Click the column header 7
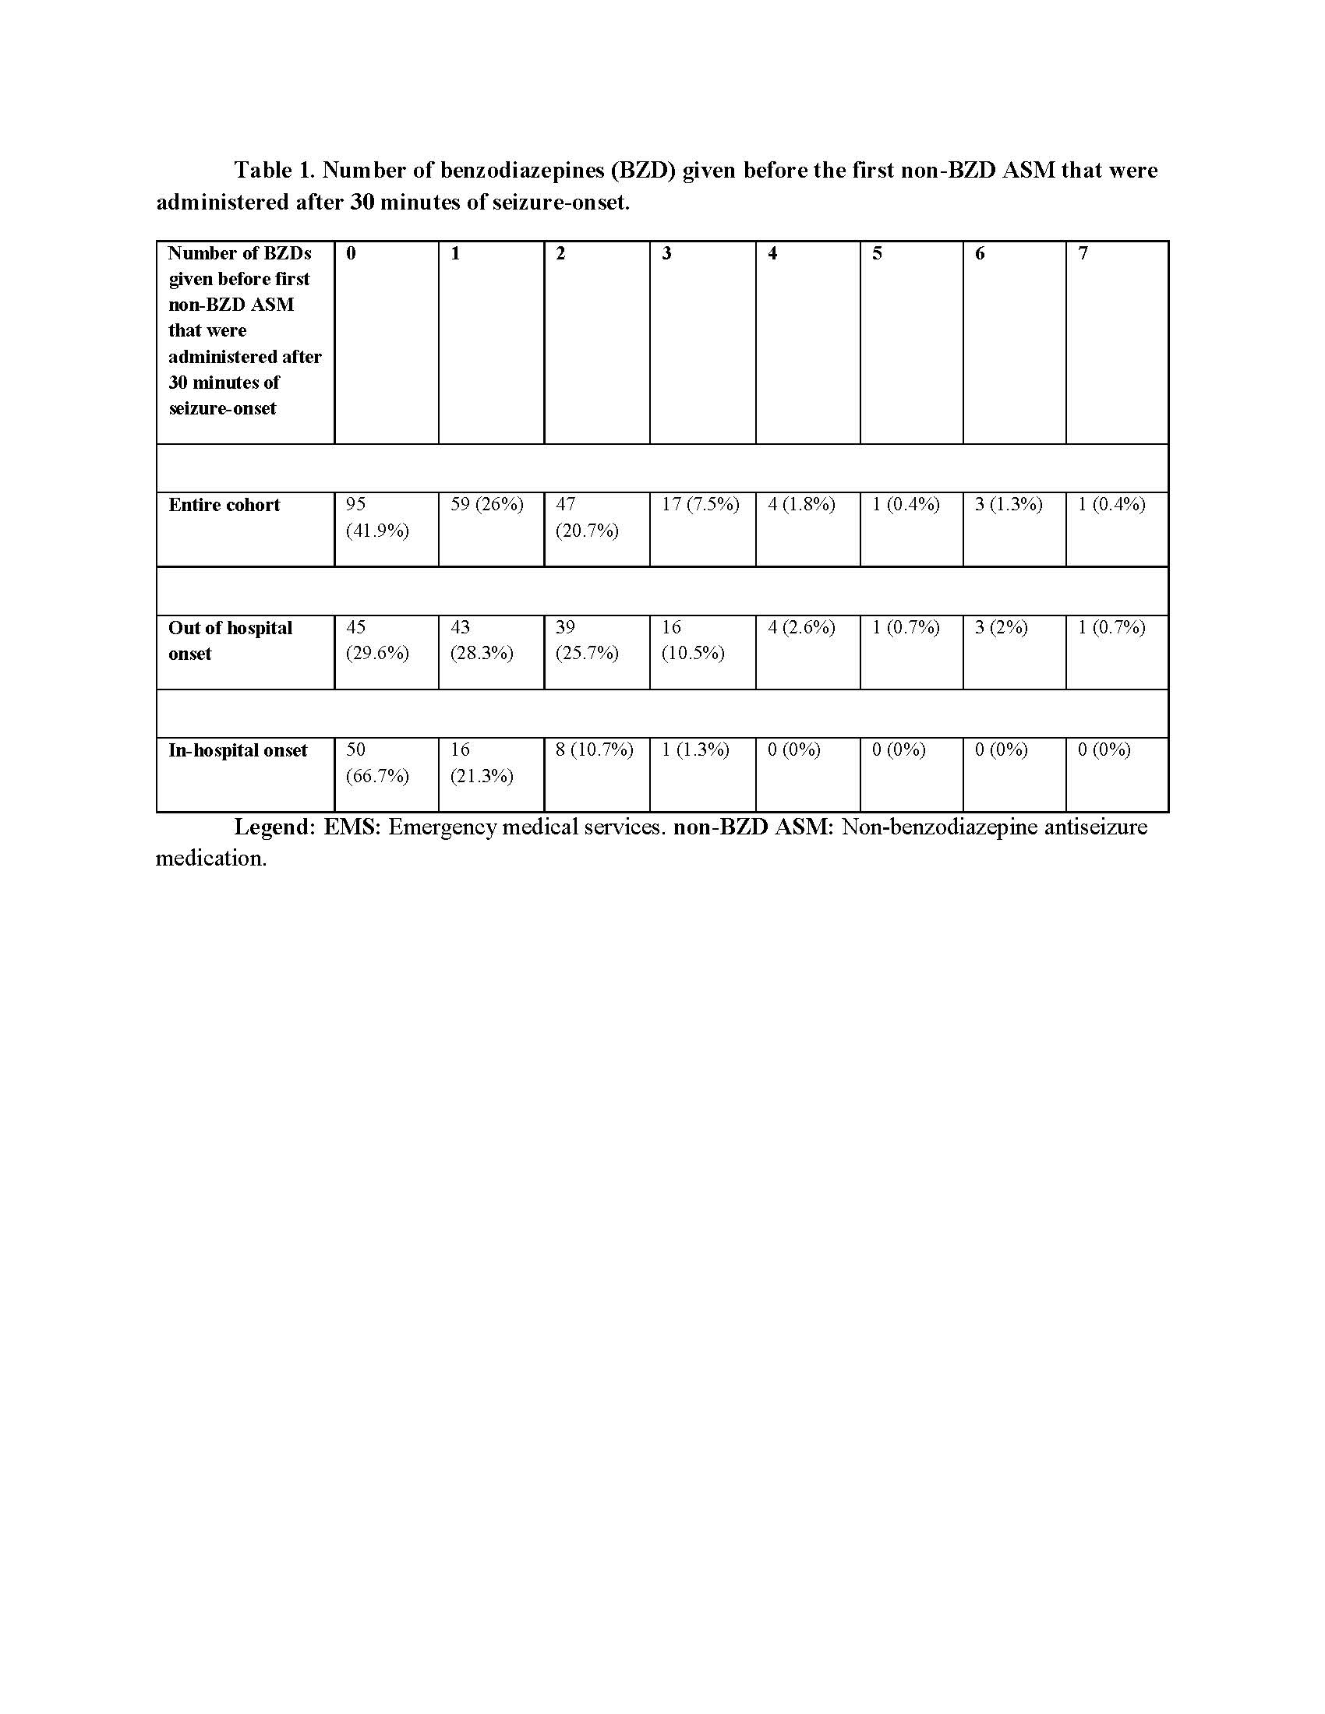[1083, 253]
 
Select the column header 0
[351, 253]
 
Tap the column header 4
[772, 253]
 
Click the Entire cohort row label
[224, 505]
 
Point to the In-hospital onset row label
[237, 750]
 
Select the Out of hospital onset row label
[229, 640]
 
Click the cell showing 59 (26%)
[486, 505]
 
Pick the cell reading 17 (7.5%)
[700, 505]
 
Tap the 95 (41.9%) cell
[376, 517]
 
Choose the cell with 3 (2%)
[1001, 627]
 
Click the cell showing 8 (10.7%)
[594, 750]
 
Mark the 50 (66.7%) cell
[376, 763]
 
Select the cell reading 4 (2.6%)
[800, 627]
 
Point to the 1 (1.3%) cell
[694, 750]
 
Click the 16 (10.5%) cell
[691, 640]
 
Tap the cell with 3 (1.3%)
[1008, 505]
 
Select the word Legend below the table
[274, 827]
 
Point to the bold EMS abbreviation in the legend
[351, 827]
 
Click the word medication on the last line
[210, 858]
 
